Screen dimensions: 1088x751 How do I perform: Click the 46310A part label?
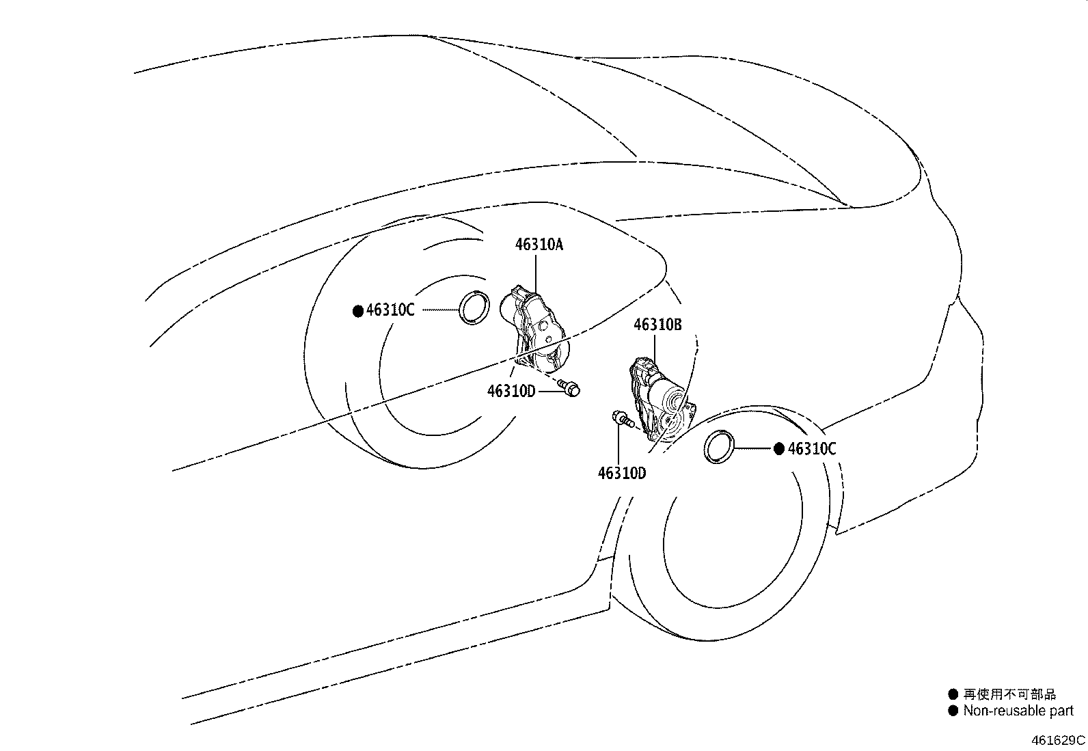pyautogui.click(x=539, y=245)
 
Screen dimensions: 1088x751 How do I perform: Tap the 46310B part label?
pyautogui.click(x=657, y=325)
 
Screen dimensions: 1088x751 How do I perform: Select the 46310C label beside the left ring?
pyautogui.click(x=390, y=310)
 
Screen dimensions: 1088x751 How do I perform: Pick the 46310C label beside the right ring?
pyautogui.click(x=812, y=449)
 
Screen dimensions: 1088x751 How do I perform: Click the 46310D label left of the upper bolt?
pyautogui.click(x=511, y=391)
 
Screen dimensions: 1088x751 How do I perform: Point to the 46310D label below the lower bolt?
pyautogui.click(x=622, y=473)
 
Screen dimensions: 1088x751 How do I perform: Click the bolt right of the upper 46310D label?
pyautogui.click(x=569, y=388)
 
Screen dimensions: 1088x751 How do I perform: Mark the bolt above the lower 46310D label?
pyautogui.click(x=623, y=419)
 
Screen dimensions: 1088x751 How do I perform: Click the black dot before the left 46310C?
pyautogui.click(x=358, y=311)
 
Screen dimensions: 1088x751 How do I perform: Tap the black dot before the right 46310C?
pyautogui.click(x=779, y=450)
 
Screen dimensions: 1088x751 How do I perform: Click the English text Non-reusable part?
pyautogui.click(x=1018, y=711)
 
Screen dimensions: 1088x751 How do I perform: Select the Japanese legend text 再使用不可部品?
pyautogui.click(x=1010, y=694)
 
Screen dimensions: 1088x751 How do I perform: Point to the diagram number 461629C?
pyautogui.click(x=1058, y=740)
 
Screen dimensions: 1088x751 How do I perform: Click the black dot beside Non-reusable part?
pyautogui.click(x=953, y=711)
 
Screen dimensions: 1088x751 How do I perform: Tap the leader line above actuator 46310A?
pyautogui.click(x=536, y=274)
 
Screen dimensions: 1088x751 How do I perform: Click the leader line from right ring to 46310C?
pyautogui.click(x=752, y=448)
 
